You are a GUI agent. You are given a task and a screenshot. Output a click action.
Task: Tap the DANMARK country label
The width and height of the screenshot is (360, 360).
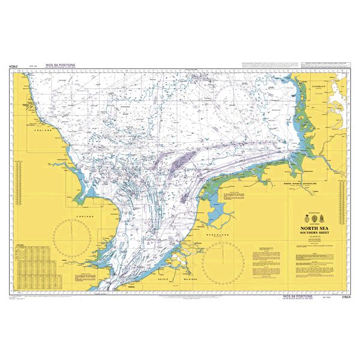point(322,86)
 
